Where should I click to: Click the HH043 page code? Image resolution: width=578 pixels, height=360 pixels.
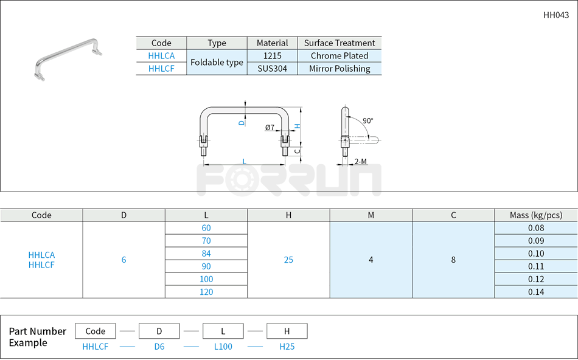tap(556, 16)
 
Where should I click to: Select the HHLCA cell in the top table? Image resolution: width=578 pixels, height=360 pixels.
tap(161, 56)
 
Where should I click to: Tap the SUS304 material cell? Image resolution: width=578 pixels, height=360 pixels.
tap(272, 69)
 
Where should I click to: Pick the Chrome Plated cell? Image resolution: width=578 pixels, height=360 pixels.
tap(339, 56)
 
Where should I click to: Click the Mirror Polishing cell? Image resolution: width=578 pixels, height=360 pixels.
tap(339, 69)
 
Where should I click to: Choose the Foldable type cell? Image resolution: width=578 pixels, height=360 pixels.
tap(217, 62)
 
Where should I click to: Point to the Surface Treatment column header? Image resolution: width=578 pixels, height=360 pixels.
tap(339, 43)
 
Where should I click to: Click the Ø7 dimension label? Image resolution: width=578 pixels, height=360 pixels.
tap(270, 128)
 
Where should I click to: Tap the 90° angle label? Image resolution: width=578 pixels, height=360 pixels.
tap(367, 120)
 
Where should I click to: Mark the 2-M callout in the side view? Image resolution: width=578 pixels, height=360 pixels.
tap(360, 162)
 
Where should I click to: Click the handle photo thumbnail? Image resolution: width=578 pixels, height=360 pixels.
tap(67, 59)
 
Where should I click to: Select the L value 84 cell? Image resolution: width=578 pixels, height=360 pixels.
tap(206, 254)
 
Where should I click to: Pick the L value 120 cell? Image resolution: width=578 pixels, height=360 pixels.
tap(206, 292)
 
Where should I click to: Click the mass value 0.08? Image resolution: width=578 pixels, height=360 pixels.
tap(536, 228)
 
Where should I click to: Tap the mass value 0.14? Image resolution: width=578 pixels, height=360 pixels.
tap(536, 292)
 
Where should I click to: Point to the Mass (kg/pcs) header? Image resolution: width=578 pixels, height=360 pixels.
tap(536, 215)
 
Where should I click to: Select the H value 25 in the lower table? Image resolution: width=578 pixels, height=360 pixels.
tap(288, 260)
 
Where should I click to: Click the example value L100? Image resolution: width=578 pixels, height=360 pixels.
tap(223, 347)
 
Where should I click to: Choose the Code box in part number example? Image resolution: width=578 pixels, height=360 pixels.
tap(96, 331)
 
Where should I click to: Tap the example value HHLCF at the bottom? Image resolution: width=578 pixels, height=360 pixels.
tap(96, 347)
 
